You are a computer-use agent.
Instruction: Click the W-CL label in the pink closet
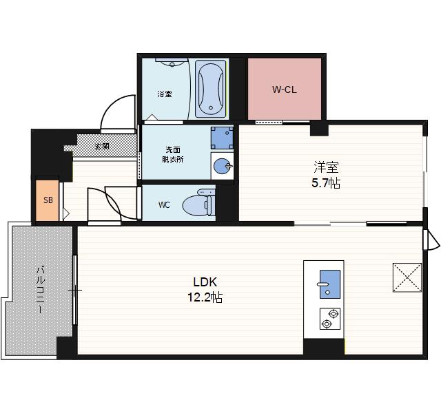pos(284,89)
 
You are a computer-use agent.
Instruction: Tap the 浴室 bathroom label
pos(165,94)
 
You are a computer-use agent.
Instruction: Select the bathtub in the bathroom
pos(211,89)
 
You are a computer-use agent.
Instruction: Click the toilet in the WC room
pos(199,203)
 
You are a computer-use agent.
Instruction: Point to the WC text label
pos(164,205)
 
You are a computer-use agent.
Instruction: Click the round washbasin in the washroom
pos(223,166)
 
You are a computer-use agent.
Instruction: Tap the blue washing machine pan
pos(222,138)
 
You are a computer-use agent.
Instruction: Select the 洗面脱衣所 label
pos(173,154)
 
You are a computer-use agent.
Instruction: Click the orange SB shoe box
pos(48,200)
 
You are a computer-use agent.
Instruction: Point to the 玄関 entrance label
pos(102,146)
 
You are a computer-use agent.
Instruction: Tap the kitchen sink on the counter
pos(329,284)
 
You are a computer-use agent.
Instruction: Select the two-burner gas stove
pos(330,319)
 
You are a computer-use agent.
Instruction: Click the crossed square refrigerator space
pos(407,277)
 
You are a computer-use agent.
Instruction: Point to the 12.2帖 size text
pos(205,297)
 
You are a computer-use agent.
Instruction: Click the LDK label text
pos(205,282)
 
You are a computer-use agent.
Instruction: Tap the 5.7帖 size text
pos(326,183)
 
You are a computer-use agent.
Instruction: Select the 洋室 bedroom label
pos(326,167)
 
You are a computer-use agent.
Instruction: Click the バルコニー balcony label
pos(41,290)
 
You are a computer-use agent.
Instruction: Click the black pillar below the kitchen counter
pos(324,347)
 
